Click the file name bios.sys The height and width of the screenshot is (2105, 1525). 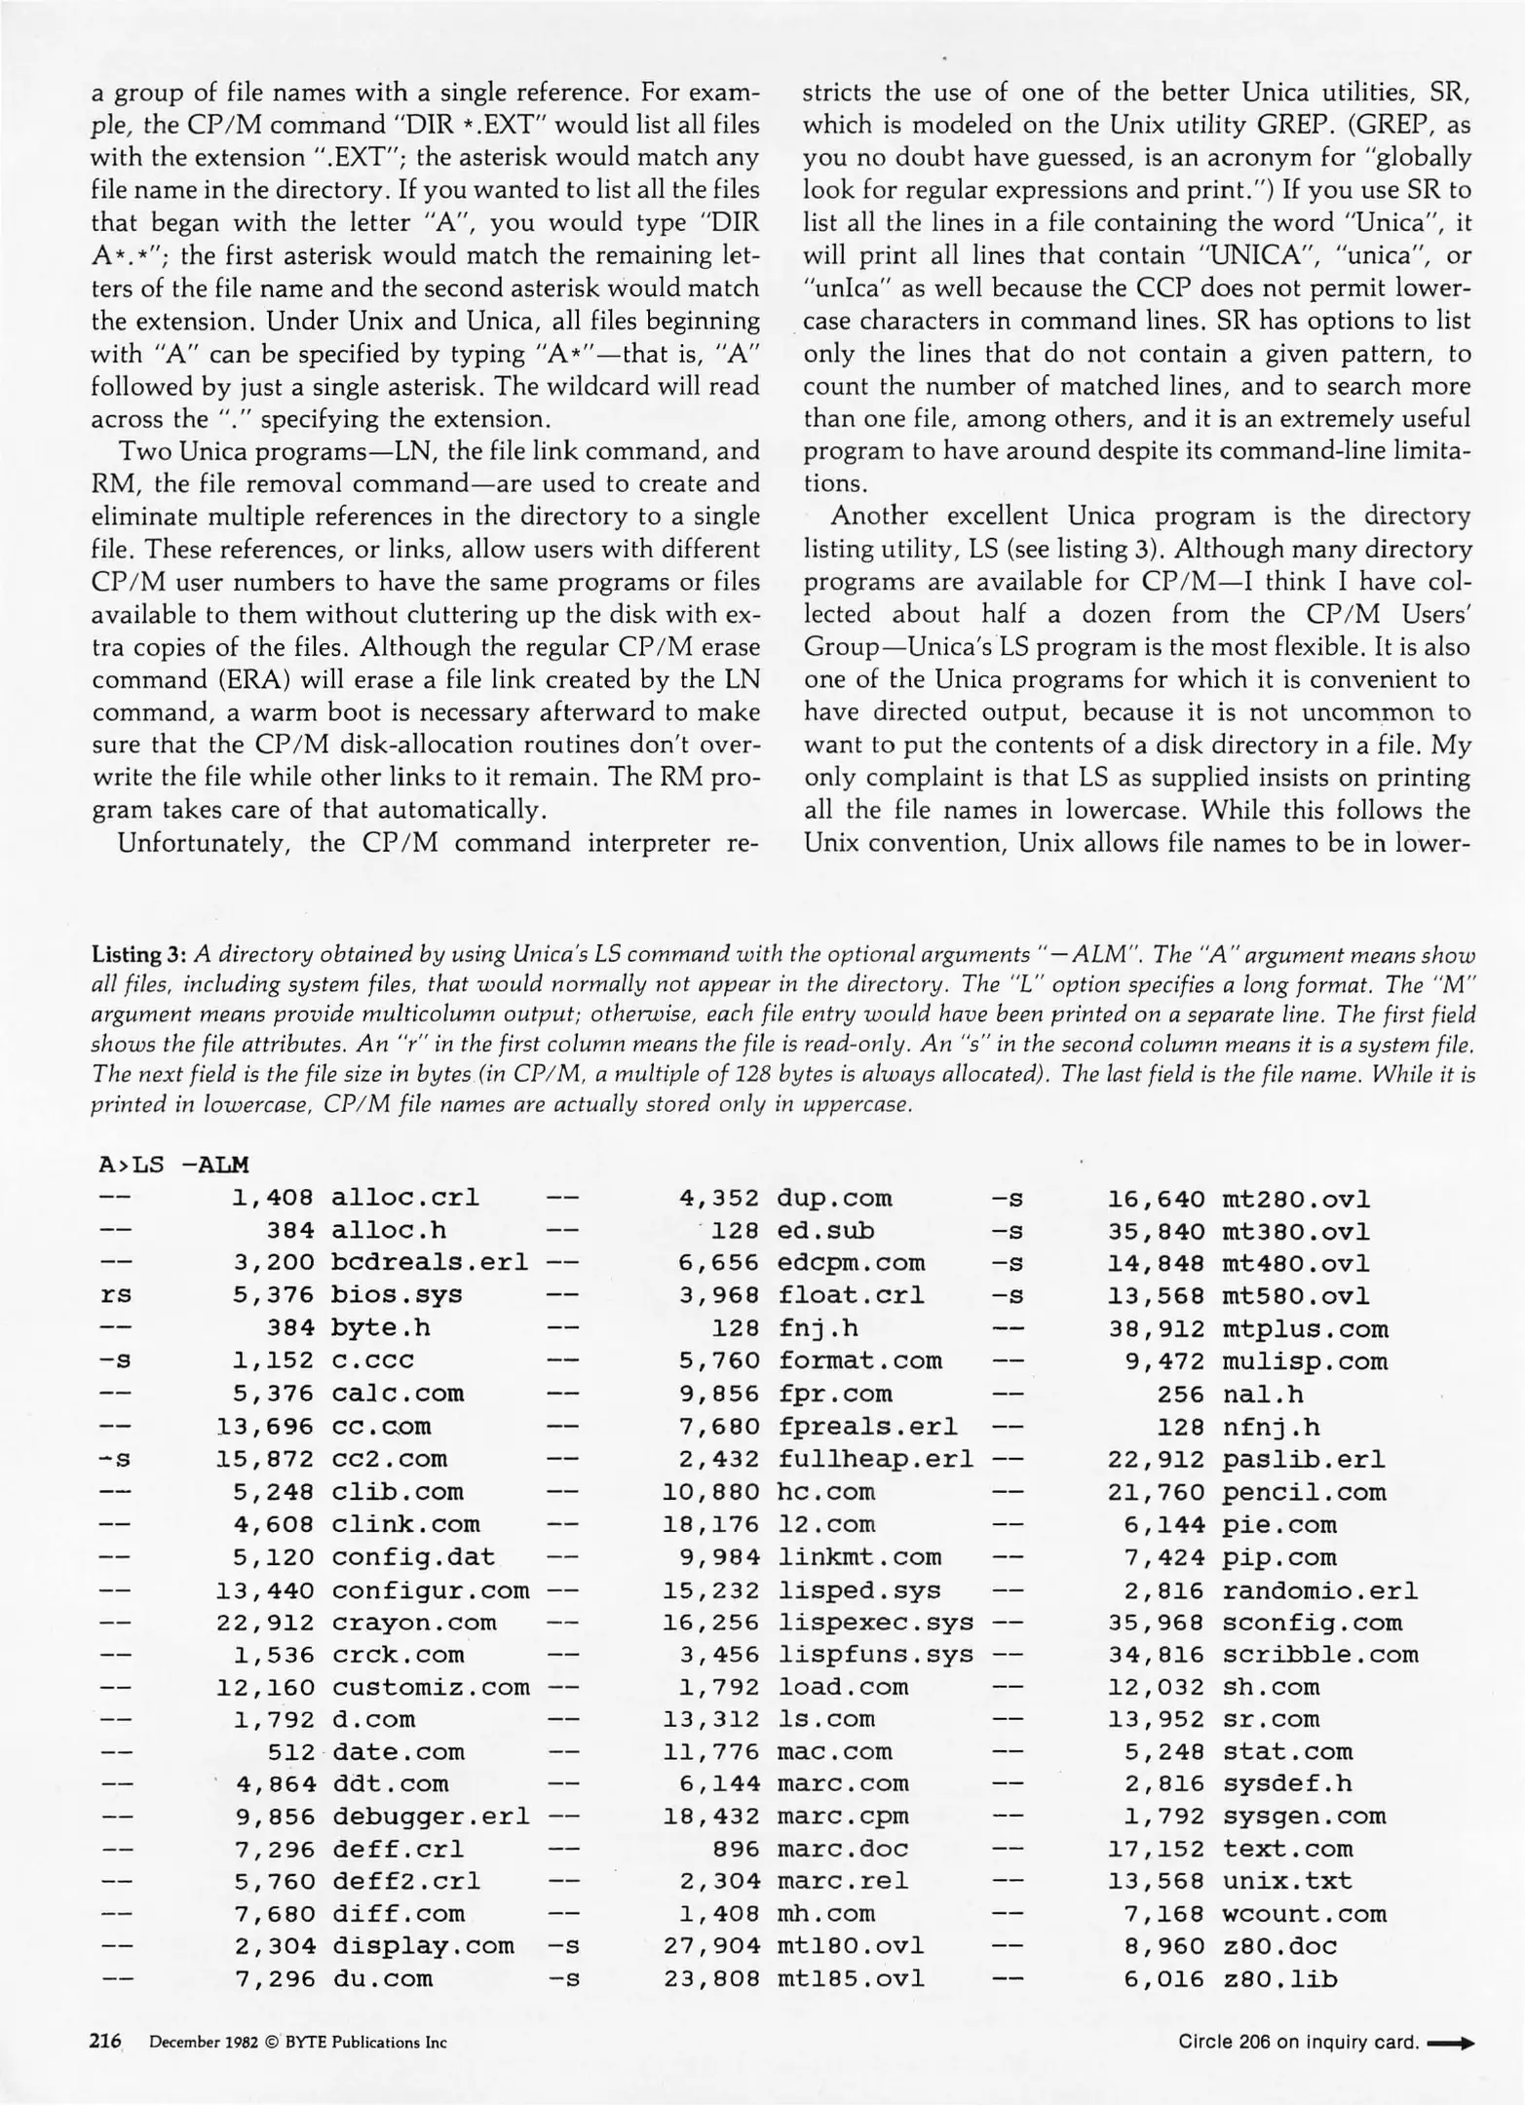tap(397, 1295)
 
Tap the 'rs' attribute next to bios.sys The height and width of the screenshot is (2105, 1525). tap(116, 1295)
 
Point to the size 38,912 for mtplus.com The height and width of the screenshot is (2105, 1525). tap(1156, 1328)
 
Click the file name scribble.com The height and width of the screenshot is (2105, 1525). tap(1320, 1654)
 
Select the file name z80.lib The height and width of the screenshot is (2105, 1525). tap(1279, 1979)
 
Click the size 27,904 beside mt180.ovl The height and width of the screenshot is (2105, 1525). tap(710, 1946)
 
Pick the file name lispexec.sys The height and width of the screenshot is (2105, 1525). tap(875, 1622)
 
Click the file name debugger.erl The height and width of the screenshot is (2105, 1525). tap(431, 1817)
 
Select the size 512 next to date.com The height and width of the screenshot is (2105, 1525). tap(291, 1751)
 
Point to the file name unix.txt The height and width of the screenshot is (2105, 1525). tap(1287, 1882)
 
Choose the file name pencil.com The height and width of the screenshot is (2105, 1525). tap(1304, 1491)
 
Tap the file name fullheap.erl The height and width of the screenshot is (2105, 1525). tap(875, 1459)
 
